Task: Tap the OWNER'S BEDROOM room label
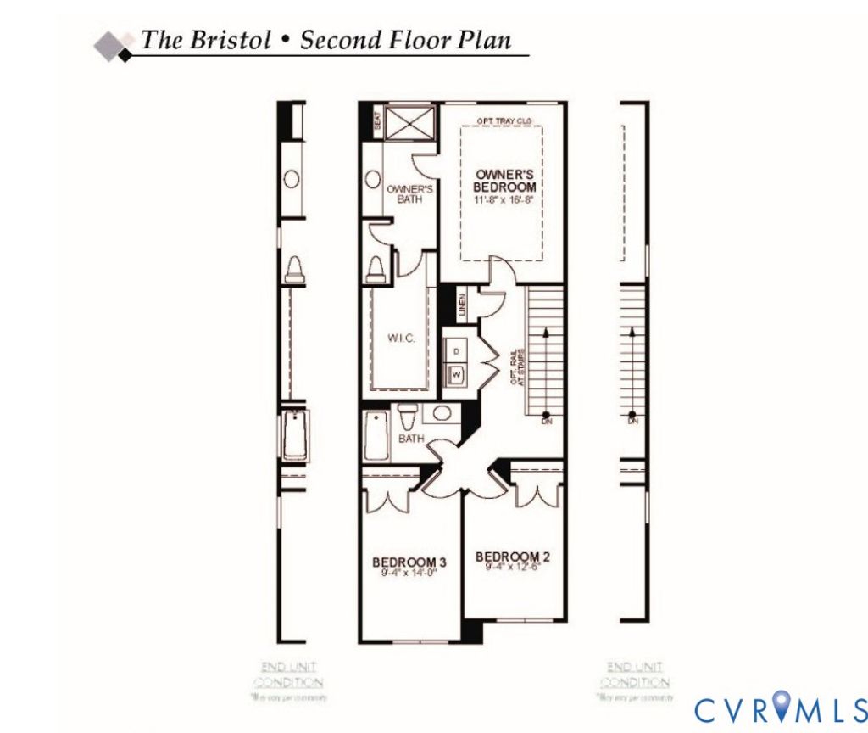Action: coord(505,181)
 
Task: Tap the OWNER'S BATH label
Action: coord(410,194)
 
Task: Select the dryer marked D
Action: coord(456,350)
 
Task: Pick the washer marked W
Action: coord(456,373)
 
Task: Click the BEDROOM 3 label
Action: coord(409,562)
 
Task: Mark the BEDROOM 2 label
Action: coord(514,557)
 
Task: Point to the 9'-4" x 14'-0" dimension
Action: coord(409,573)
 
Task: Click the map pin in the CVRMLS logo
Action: coord(782,708)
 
